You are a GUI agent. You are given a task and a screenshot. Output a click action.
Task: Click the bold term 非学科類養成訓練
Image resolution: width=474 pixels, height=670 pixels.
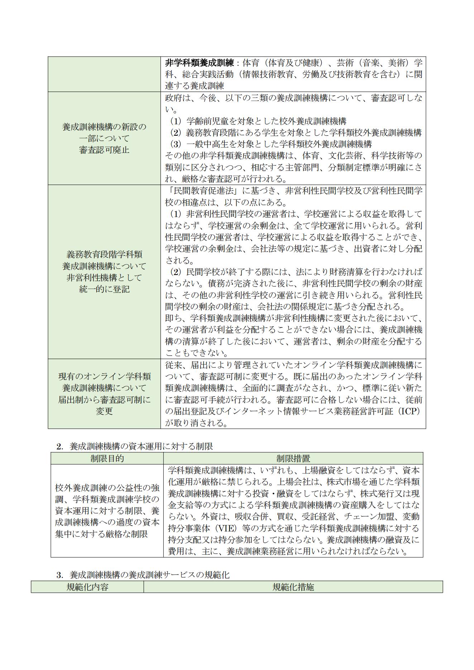(200, 63)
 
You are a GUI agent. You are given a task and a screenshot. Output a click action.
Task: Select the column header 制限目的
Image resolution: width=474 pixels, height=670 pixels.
(107, 458)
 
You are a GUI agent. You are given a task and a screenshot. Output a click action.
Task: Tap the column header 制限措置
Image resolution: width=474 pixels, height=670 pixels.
(293, 458)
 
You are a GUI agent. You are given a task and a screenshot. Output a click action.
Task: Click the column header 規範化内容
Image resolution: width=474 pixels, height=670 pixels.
(87, 587)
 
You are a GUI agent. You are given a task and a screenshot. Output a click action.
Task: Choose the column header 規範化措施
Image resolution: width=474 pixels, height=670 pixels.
(293, 587)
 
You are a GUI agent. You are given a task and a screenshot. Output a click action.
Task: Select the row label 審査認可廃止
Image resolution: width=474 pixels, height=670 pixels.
(104, 150)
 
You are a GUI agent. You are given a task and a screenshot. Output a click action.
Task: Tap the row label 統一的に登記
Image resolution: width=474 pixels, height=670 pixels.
(104, 289)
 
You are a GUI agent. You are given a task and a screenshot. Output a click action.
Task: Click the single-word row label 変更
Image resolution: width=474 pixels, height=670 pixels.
(104, 411)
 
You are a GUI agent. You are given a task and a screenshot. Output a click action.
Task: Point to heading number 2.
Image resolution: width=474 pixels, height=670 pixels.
(59, 447)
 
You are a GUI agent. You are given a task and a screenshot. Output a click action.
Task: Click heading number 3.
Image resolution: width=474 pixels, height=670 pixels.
(59, 575)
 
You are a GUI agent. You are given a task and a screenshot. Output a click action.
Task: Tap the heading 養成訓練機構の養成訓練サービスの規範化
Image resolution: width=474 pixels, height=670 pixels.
(149, 575)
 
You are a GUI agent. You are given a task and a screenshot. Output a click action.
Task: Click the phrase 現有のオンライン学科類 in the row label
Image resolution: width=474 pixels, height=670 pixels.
(104, 376)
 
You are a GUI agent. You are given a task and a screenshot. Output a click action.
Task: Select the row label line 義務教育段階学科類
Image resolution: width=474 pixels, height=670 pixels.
(104, 255)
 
